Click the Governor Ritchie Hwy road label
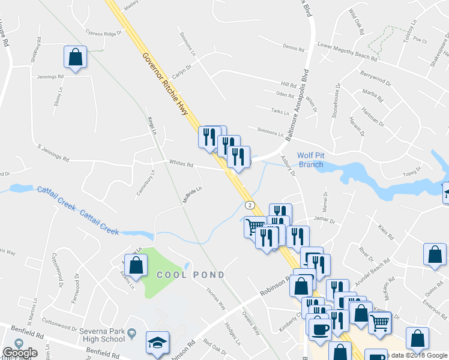(166, 85)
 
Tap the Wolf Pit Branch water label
(311, 160)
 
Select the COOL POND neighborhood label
(191, 275)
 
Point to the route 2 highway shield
(251, 205)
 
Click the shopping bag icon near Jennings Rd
(76, 58)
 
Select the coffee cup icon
(319, 328)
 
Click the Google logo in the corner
(19, 353)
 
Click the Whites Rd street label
(181, 164)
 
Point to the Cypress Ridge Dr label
(104, 34)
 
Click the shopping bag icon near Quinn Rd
(435, 254)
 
